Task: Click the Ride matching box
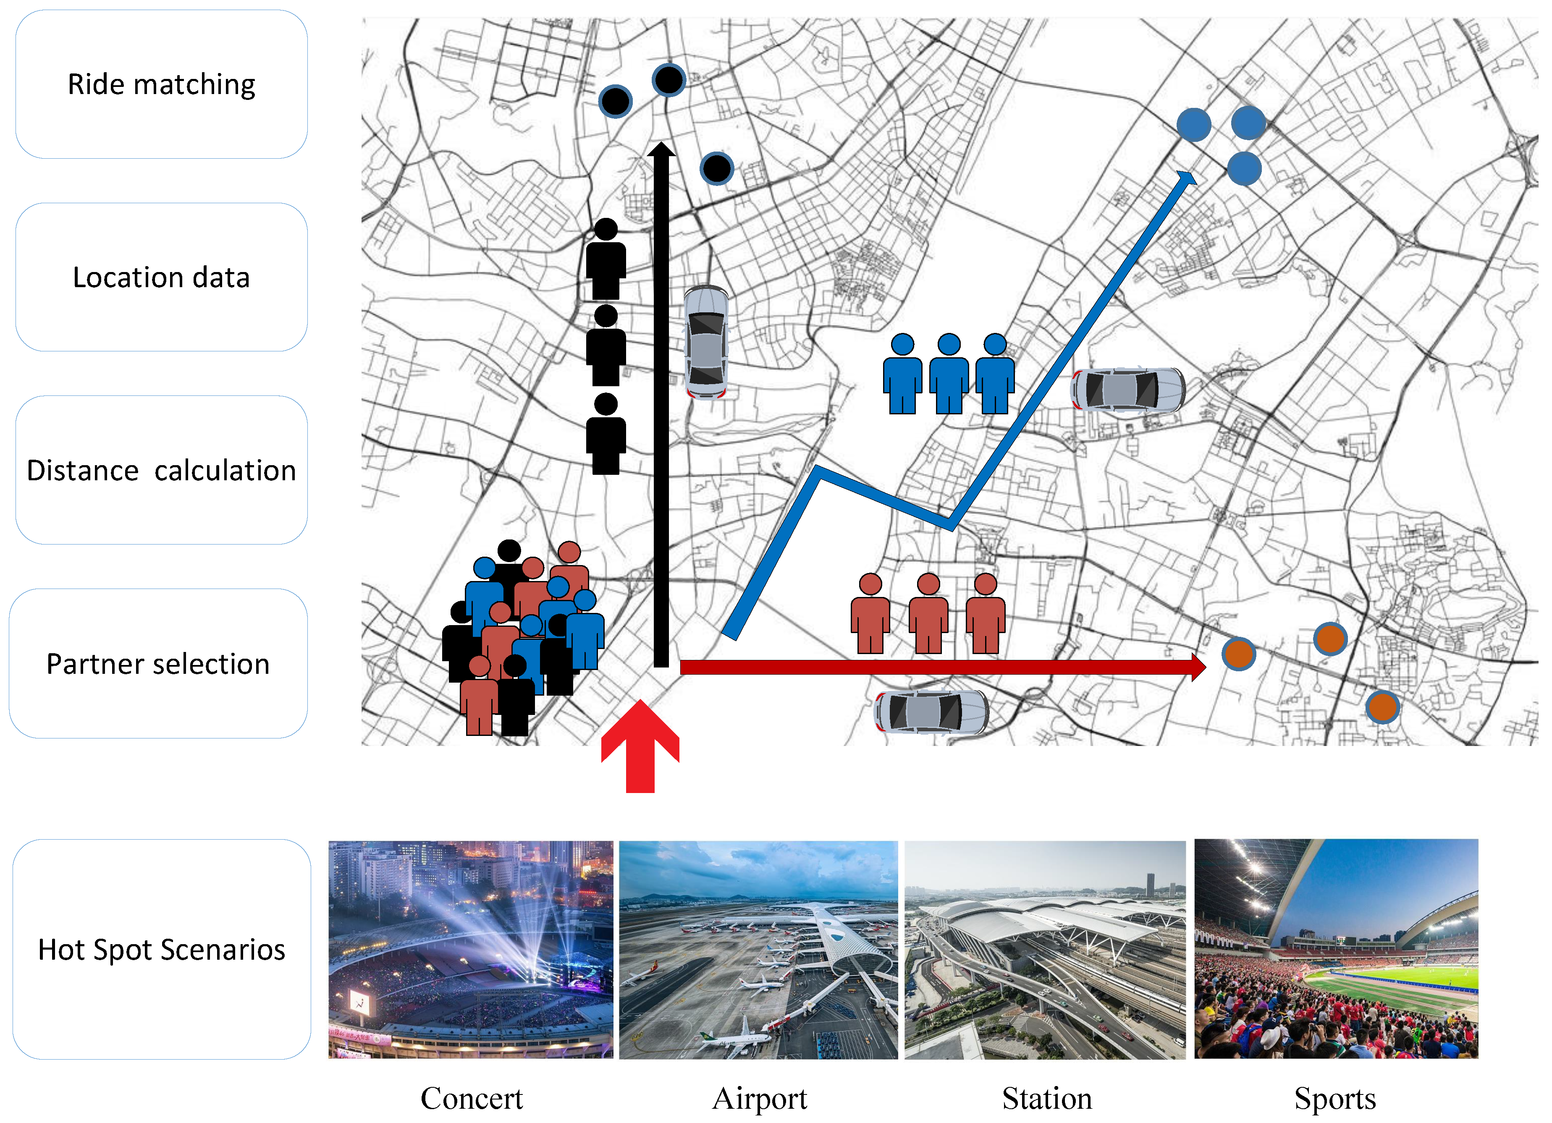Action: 162,84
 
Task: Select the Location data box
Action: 162,277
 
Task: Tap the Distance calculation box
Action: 162,470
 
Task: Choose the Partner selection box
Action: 158,663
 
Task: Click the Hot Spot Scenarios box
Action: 162,949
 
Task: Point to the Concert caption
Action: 472,1098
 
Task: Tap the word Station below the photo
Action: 1046,1098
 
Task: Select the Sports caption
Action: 1334,1098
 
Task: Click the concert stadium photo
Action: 471,949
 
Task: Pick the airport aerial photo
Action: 758,949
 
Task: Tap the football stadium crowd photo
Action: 1336,949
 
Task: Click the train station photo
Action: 1045,949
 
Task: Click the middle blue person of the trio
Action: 949,374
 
